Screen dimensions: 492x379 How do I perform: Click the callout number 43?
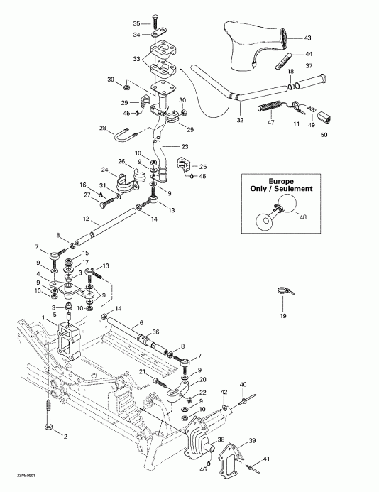(307, 38)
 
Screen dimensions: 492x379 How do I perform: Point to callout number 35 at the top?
(138, 23)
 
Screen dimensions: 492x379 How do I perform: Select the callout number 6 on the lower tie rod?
(131, 322)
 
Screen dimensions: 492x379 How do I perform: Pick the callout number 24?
(105, 170)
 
